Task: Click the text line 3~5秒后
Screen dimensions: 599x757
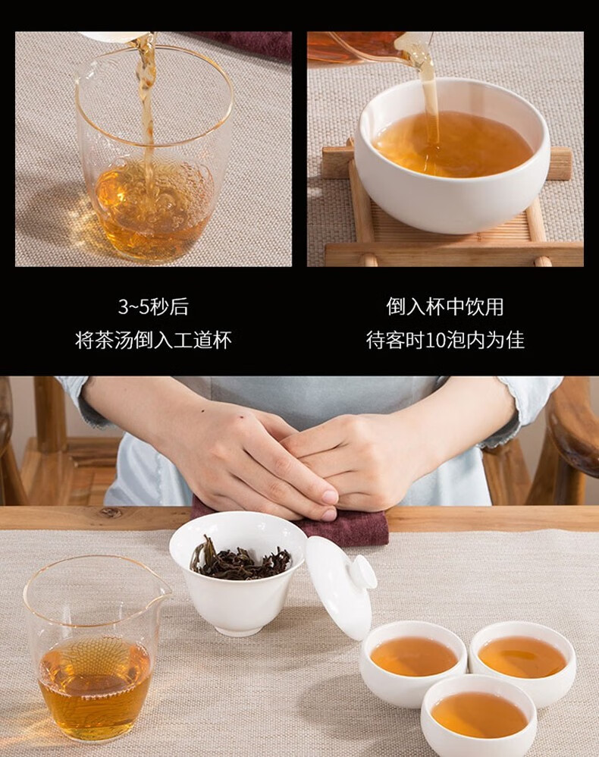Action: [x=153, y=306]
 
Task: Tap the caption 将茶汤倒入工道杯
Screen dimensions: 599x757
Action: [x=153, y=340]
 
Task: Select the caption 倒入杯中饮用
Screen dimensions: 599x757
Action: [x=444, y=306]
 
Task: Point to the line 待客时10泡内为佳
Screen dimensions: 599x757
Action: [x=444, y=340]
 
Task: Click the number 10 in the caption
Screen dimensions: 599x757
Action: [x=436, y=341]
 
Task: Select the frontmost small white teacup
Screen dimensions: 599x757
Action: [x=478, y=715]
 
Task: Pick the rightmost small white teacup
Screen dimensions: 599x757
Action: [x=522, y=657]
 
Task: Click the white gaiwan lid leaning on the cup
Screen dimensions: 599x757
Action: [x=340, y=586]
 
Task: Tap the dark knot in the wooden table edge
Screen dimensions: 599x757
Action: [x=111, y=512]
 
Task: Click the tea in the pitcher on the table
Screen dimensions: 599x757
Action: [x=95, y=687]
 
